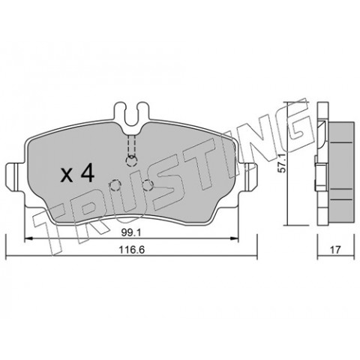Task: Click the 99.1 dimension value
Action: point(131,233)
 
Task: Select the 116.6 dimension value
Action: point(132,250)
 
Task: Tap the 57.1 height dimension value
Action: point(282,163)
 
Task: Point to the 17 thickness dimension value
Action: point(336,250)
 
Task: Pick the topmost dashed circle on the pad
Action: point(131,161)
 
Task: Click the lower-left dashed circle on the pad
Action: point(115,185)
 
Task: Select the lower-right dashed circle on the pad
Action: point(148,185)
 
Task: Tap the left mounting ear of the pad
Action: point(15,177)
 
